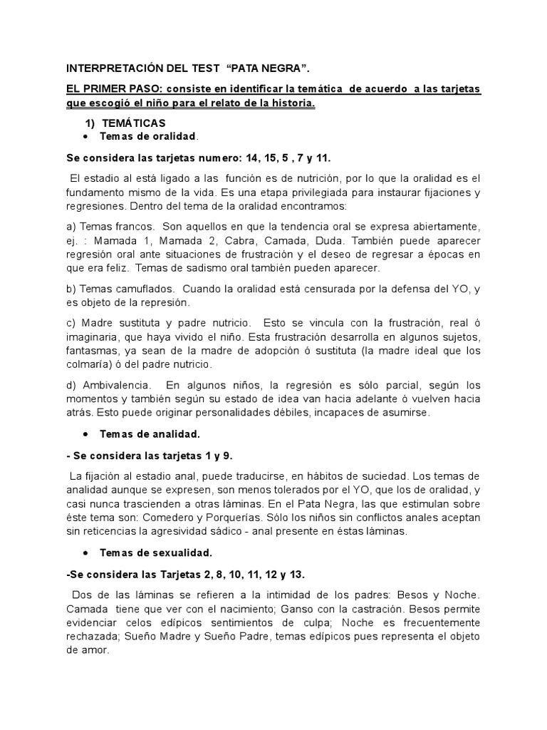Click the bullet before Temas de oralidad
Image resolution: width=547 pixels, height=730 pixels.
[x=86, y=136]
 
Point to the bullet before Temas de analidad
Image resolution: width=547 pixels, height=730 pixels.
[x=86, y=434]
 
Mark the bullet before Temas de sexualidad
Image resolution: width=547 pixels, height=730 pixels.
[x=86, y=552]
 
